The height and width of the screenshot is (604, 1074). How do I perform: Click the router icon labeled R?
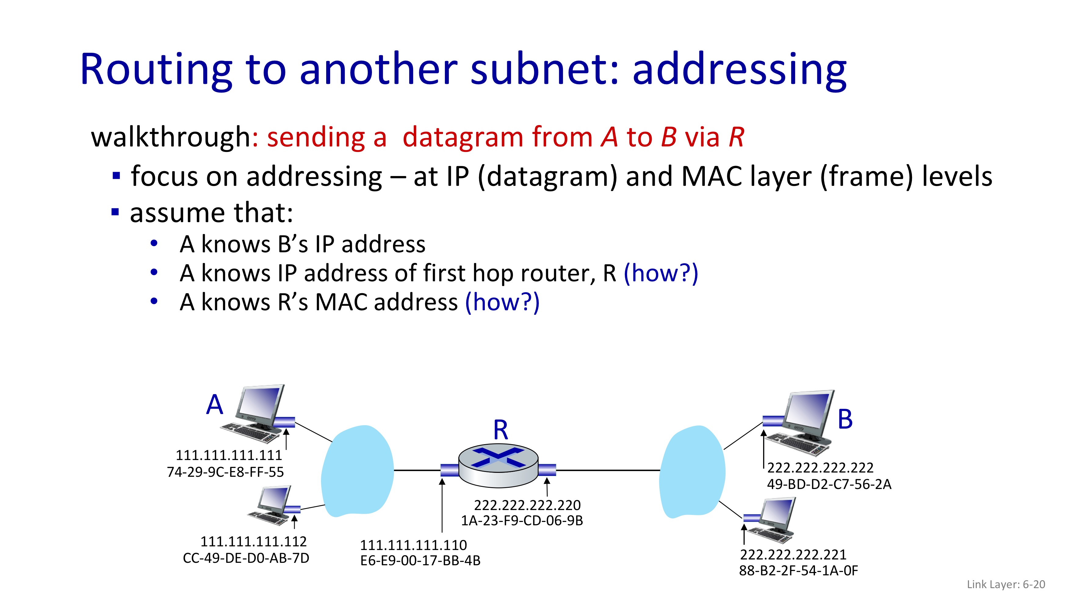498,466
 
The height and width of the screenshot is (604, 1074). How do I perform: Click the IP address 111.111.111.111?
229,455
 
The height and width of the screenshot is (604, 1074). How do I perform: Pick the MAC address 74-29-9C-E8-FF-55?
225,472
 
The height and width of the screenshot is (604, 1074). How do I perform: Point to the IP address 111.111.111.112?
254,541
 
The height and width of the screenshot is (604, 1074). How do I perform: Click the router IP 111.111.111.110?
413,545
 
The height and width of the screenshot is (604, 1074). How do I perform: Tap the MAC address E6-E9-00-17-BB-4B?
420,561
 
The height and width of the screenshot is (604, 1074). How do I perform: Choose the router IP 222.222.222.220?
528,505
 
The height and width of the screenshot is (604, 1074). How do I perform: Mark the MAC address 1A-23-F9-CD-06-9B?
521,521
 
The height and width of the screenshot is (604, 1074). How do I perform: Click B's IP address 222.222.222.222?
820,468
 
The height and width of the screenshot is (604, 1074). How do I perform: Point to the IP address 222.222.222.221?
793,554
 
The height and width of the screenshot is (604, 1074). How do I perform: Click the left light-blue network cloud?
357,471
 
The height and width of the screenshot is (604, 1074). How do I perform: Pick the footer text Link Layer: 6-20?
1006,584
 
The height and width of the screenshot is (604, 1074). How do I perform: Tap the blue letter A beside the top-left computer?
215,404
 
